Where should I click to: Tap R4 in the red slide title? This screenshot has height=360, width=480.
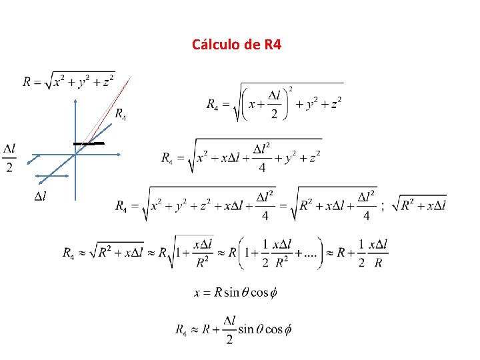tap(273, 45)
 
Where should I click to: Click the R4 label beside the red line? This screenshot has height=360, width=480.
tap(120, 114)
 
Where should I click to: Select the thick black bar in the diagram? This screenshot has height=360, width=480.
tap(89, 143)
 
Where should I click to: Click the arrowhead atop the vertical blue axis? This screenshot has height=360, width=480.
tap(76, 101)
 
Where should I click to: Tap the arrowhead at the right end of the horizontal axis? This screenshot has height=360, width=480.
tap(119, 155)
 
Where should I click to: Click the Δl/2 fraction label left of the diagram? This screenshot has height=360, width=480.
tap(9, 157)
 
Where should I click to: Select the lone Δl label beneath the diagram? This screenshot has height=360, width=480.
tap(40, 196)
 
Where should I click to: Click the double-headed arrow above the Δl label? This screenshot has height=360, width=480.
tap(53, 177)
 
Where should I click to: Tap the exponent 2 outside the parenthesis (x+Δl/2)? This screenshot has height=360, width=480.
tap(290, 89)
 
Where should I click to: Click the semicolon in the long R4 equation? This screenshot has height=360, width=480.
tap(383, 207)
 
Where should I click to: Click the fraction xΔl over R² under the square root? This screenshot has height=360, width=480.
tap(202, 253)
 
